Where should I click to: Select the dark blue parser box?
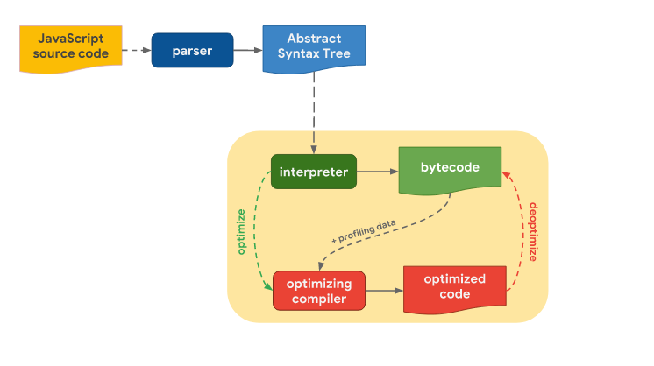pos(192,51)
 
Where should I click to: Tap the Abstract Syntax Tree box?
pos(314,47)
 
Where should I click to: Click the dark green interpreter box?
pos(313,172)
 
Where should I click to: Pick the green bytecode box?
pos(450,168)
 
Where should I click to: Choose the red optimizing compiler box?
pos(318,292)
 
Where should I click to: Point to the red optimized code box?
pos(454,287)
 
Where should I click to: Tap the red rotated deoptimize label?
pos(534,232)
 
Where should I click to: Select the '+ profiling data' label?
pos(363,230)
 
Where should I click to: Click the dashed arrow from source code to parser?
pos(134,51)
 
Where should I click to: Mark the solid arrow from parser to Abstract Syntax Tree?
pos(248,51)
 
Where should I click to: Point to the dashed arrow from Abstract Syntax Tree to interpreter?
pos(314,109)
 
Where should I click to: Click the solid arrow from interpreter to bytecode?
pos(376,172)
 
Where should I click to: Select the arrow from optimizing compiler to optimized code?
pos(383,291)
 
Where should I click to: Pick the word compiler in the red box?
pos(318,299)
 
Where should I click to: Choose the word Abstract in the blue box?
pos(314,39)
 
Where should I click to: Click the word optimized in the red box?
pos(454,279)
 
